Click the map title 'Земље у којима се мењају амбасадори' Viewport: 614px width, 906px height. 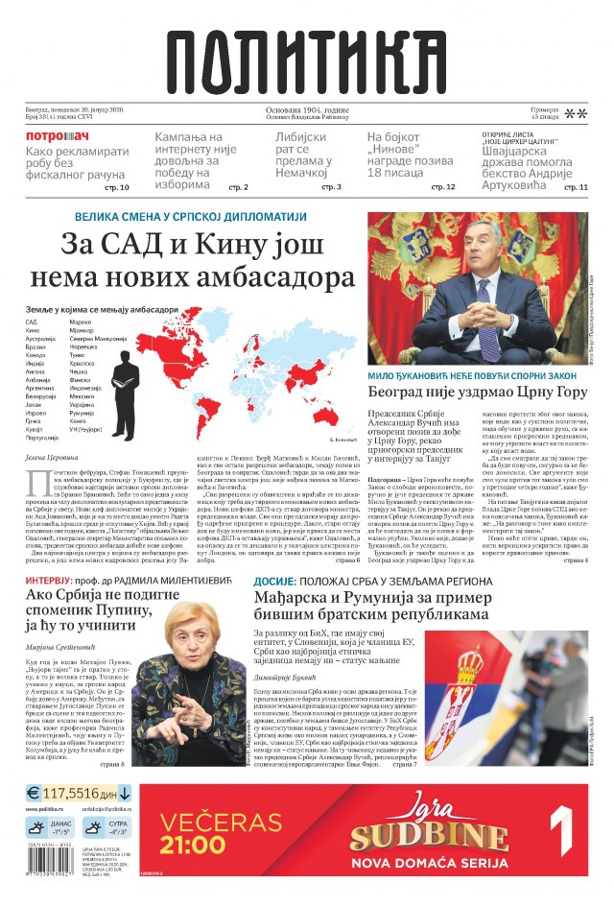[x=102, y=310]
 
